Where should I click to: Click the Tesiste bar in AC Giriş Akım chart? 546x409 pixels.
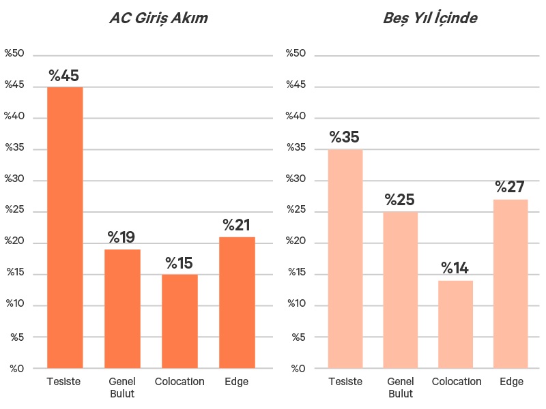click(65, 228)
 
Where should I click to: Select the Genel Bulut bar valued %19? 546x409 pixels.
click(122, 309)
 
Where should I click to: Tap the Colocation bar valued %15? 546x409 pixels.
click(179, 321)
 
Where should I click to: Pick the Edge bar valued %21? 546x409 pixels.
click(237, 303)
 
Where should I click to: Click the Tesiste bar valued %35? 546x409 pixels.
click(345, 259)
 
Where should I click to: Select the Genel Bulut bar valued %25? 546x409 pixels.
click(400, 290)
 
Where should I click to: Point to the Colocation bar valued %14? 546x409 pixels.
click(455, 324)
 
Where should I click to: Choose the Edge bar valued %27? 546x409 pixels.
click(511, 284)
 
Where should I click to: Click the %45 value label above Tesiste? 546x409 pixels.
click(64, 76)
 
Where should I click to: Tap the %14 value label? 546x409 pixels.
click(455, 268)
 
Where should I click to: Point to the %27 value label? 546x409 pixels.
click(511, 187)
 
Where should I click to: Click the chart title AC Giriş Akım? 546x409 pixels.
click(158, 18)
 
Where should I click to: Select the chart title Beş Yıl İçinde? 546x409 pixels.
click(430, 18)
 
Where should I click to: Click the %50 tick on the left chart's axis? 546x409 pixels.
click(14, 53)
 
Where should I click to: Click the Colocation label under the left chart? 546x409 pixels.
click(179, 382)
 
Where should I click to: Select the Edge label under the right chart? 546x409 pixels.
click(511, 382)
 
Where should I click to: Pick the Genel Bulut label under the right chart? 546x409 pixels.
click(400, 387)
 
